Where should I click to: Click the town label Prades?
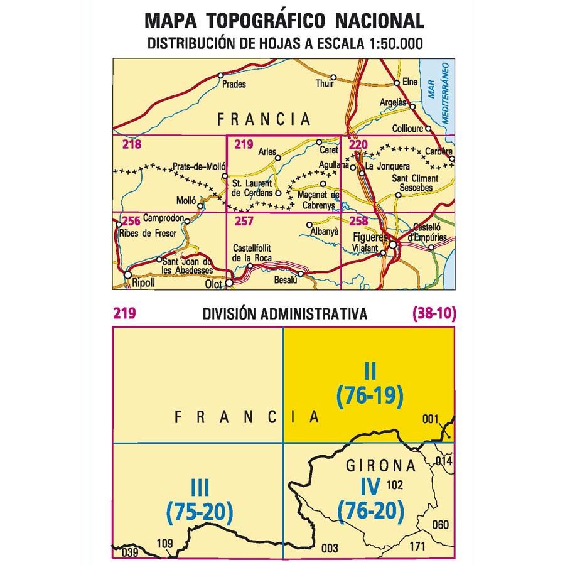point(233,84)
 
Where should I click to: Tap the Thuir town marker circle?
point(334,77)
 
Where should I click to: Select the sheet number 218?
point(132,146)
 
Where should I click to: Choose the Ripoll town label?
point(143,284)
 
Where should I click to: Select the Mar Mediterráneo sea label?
point(439,87)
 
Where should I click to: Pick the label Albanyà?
point(325,231)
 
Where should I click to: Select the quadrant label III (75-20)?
point(200,502)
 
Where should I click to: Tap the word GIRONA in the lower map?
point(381,466)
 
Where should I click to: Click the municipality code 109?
point(164,543)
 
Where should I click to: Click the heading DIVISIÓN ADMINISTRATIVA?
point(284,315)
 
